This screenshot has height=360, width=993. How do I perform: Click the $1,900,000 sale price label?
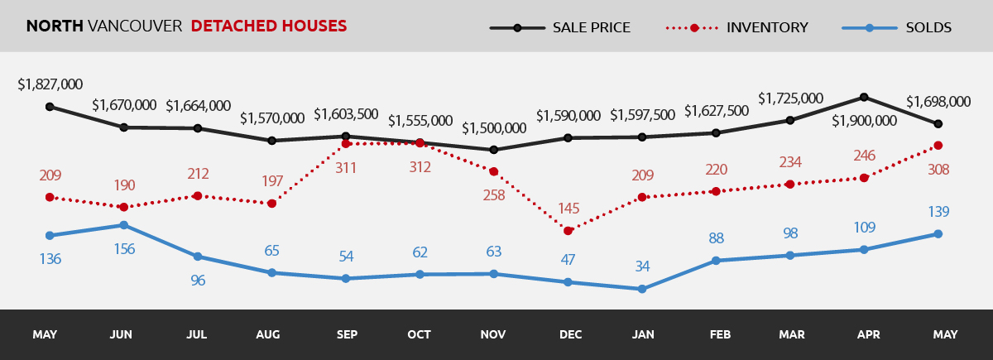click(864, 120)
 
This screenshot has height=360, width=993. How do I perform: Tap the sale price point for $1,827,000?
click(50, 107)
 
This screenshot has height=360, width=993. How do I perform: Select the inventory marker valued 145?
click(568, 230)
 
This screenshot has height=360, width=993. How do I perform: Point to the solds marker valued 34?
click(641, 289)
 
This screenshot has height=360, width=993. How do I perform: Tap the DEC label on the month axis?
click(570, 335)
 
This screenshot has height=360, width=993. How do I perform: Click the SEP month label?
click(347, 335)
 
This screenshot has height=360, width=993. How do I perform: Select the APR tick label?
click(868, 335)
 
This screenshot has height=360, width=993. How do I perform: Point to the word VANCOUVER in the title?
click(134, 26)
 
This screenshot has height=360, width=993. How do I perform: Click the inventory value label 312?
click(420, 167)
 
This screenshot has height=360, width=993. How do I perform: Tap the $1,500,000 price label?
click(494, 128)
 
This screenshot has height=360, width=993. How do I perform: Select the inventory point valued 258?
click(494, 172)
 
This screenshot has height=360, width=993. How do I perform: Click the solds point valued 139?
click(938, 233)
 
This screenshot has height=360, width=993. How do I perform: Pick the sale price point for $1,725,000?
click(789, 120)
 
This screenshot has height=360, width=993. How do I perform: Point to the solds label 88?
click(717, 238)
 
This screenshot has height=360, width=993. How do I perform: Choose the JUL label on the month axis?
click(197, 335)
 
